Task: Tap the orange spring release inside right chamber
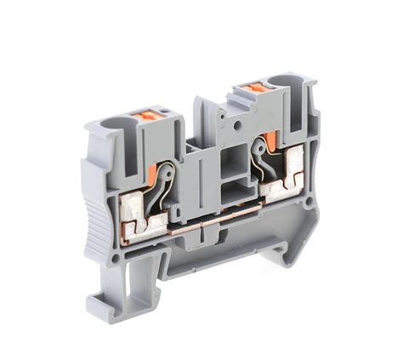coord(265,140)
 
